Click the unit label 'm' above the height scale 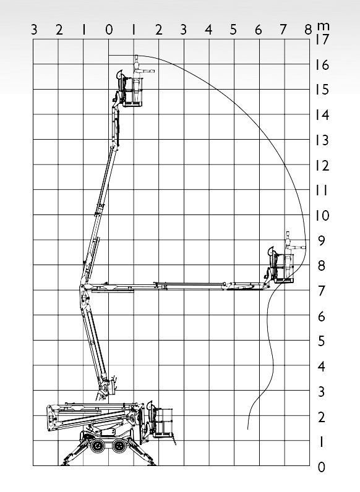(323, 26)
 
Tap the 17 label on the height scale (322, 40)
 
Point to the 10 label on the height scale (322, 216)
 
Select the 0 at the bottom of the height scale (322, 467)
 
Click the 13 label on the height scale (322, 140)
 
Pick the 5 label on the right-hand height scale (321, 341)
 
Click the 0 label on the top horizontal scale (109, 30)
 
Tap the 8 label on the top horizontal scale (308, 30)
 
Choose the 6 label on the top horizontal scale (258, 30)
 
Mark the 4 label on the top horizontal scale (208, 30)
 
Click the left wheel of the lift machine (98, 445)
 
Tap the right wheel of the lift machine (119, 445)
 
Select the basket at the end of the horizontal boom (285, 268)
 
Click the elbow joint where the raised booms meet (84, 289)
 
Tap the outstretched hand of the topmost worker (152, 71)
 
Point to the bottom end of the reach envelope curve (248, 429)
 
